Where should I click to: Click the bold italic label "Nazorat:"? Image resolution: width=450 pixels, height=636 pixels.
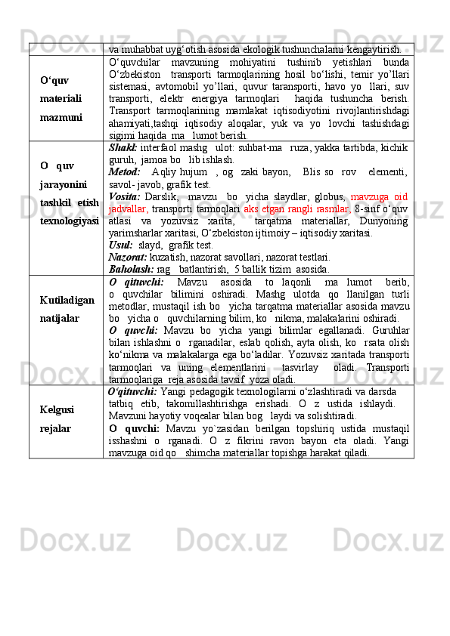tap(128, 257)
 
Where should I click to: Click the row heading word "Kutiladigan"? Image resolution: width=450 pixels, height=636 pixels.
tap(67, 300)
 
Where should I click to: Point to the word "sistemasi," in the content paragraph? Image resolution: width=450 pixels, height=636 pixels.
tap(129, 86)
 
